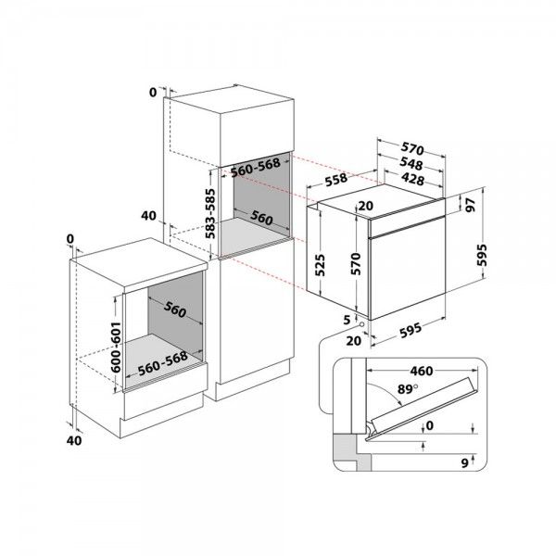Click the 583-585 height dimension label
(x=210, y=214)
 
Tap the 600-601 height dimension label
(x=116, y=347)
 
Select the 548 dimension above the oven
(x=411, y=163)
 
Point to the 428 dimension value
(x=412, y=179)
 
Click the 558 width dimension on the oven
(x=336, y=179)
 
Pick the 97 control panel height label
(x=471, y=205)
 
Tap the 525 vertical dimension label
(x=320, y=265)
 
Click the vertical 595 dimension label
(x=482, y=255)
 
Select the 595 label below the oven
(x=411, y=330)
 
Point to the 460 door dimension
(x=422, y=371)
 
